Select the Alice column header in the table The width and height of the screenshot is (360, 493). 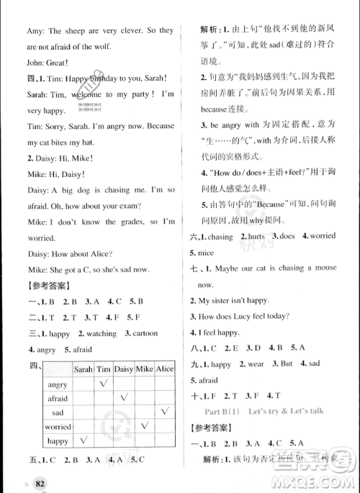tap(165, 368)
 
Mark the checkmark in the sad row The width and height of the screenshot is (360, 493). tap(165, 412)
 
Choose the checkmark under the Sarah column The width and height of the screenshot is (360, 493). tap(84, 440)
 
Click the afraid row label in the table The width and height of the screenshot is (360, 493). tap(58, 398)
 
